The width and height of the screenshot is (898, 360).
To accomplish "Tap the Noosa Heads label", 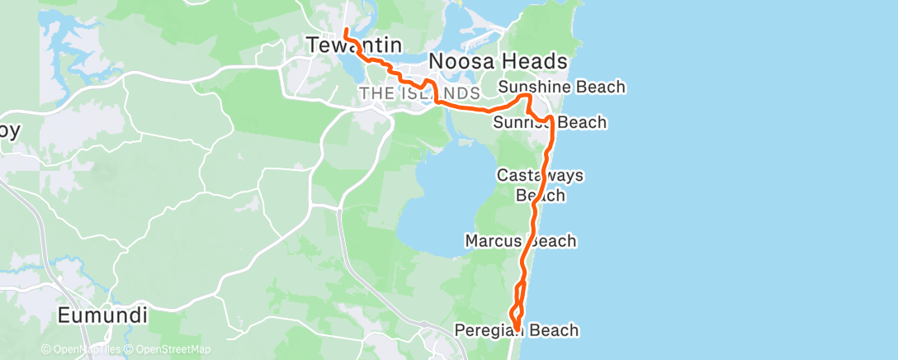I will pyautogui.click(x=498, y=61).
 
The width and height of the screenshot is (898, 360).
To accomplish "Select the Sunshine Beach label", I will pyautogui.click(x=562, y=87).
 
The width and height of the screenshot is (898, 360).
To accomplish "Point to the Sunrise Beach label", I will pyautogui.click(x=550, y=123).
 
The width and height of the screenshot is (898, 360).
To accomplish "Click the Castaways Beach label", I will pyautogui.click(x=541, y=185).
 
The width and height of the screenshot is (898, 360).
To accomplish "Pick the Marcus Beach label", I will pyautogui.click(x=521, y=241).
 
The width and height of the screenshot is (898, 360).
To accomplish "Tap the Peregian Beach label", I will pyautogui.click(x=517, y=330).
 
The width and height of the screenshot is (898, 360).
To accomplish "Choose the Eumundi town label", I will pyautogui.click(x=103, y=315).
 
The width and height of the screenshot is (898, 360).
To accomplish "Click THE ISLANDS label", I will pyautogui.click(x=419, y=93).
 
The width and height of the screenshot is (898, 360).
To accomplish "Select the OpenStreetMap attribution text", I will pyautogui.click(x=169, y=349).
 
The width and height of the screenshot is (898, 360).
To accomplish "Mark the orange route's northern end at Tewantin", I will pyautogui.click(x=344, y=31).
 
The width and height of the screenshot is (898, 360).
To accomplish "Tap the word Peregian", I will pyautogui.click(x=489, y=330).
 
